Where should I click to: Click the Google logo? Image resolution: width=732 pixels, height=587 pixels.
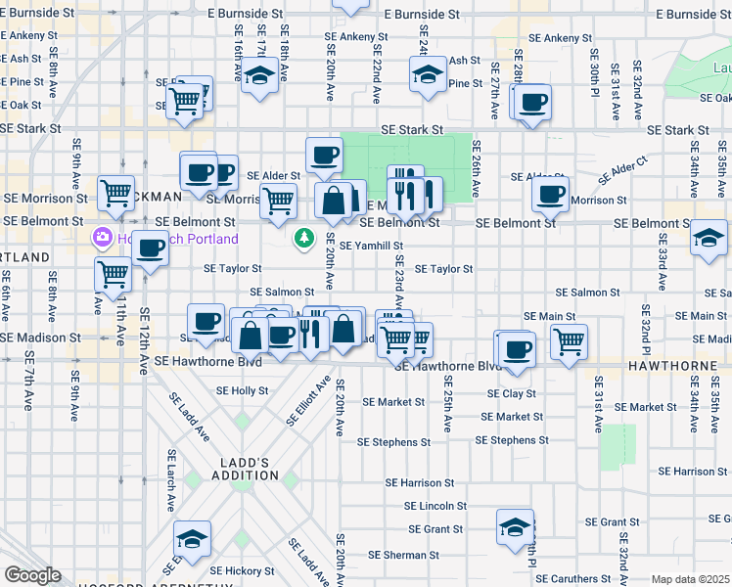[x=31, y=575]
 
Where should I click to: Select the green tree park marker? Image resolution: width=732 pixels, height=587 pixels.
[x=305, y=238]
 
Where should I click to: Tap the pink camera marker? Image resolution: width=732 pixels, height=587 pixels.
[x=102, y=238]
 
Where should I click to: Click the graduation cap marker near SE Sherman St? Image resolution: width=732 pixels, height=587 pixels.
[x=515, y=528]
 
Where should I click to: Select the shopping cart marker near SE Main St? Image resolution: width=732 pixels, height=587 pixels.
[x=569, y=341]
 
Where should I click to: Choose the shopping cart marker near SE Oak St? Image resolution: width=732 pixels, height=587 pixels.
[x=184, y=100]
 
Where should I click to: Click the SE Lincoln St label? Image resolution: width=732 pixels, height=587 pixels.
[x=436, y=506]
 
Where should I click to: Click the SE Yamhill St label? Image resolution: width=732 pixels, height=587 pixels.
[x=371, y=246]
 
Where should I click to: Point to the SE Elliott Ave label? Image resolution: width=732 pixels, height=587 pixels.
[x=304, y=402]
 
